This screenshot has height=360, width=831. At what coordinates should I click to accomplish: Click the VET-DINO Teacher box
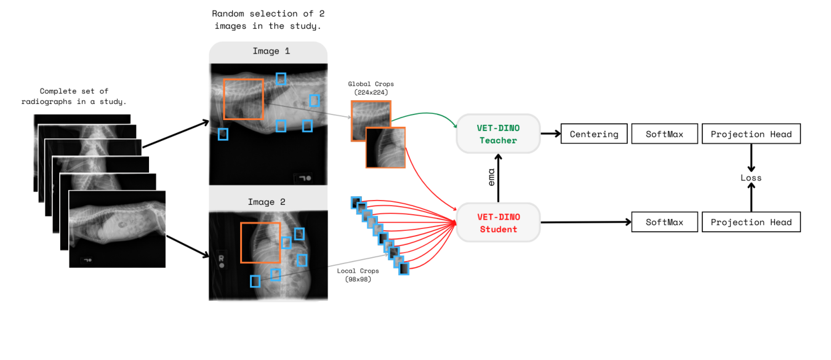[497, 134]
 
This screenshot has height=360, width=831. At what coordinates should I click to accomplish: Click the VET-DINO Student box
[497, 222]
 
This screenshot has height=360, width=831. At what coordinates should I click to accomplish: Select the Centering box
[593, 134]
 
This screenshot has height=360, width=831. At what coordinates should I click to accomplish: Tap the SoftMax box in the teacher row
[664, 134]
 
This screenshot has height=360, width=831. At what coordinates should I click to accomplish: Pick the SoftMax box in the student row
[664, 222]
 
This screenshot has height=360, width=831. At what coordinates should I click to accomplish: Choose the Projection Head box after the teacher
[751, 134]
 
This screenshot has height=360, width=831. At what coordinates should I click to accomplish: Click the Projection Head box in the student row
[751, 222]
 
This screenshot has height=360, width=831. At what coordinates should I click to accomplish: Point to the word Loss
[751, 178]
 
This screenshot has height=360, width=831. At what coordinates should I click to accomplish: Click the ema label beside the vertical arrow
[491, 178]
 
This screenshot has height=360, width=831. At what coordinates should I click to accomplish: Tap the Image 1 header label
[266, 51]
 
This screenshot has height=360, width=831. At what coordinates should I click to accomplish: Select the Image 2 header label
[266, 202]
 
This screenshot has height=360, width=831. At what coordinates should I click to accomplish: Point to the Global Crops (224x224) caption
[371, 88]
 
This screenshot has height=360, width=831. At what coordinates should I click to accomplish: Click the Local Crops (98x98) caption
[358, 274]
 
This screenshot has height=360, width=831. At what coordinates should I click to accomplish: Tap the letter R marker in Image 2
[221, 258]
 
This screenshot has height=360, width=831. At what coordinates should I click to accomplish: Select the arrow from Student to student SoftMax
[585, 222]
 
